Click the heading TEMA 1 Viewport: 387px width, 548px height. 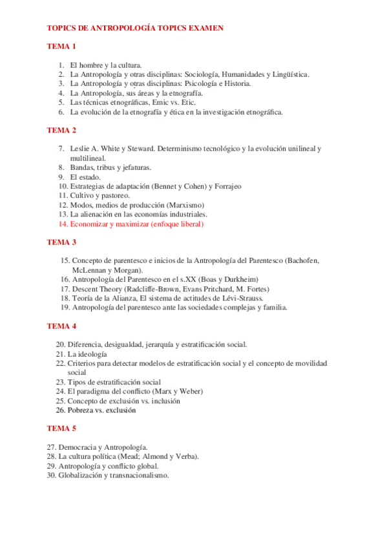coord(61,47)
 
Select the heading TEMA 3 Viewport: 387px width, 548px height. coord(61,242)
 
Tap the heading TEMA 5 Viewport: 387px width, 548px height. coord(61,428)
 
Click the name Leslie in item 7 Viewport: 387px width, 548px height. coord(81,149)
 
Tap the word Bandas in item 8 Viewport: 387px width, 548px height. coord(83,167)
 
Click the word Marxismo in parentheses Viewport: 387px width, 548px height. coord(185,205)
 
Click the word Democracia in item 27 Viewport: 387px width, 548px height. coord(78,447)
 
